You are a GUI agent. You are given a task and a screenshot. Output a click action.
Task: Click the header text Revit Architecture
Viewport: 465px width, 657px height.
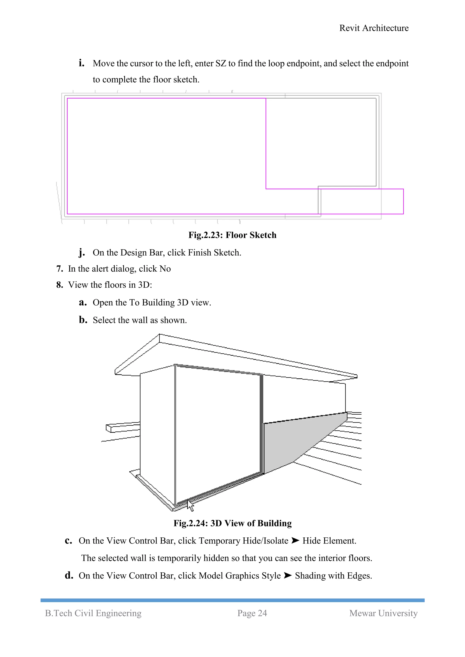[374, 28]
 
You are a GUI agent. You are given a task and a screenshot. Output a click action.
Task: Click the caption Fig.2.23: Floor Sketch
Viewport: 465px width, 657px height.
[232, 235]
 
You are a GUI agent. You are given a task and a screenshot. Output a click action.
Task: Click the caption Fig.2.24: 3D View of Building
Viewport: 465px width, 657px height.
[232, 523]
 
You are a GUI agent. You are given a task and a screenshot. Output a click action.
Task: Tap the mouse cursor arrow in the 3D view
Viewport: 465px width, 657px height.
[190, 505]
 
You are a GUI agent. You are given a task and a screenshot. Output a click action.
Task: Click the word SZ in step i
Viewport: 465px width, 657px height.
[220, 63]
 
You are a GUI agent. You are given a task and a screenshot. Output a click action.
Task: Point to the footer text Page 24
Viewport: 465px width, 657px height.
[252, 613]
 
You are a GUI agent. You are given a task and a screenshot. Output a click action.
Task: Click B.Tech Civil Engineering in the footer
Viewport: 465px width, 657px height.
[93, 613]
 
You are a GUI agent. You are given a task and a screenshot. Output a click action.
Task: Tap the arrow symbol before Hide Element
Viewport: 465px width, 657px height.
[295, 541]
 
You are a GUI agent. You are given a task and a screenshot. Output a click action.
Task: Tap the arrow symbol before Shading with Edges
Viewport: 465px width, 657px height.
[288, 576]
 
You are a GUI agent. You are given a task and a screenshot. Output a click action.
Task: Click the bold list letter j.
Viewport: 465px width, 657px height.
[82, 252]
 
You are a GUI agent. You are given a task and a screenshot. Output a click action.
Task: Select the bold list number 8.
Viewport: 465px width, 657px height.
[59, 285]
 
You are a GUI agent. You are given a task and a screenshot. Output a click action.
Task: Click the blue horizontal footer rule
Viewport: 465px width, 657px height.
[232, 600]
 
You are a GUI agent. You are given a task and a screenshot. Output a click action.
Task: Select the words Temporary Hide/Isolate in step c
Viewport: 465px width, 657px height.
[243, 541]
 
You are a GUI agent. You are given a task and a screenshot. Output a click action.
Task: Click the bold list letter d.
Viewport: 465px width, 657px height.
[69, 576]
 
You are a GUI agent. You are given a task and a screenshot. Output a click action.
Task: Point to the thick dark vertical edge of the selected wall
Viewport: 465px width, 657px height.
[261, 423]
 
